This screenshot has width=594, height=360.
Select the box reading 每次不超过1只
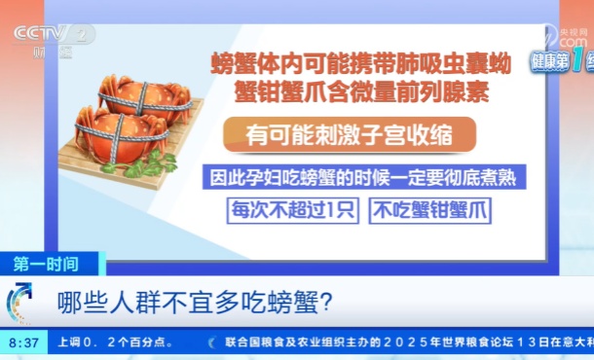click(x=292, y=209)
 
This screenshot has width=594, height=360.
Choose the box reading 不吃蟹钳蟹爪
click(x=428, y=209)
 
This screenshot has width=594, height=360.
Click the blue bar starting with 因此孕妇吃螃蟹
click(x=351, y=178)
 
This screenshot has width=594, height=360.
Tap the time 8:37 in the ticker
click(x=23, y=342)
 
